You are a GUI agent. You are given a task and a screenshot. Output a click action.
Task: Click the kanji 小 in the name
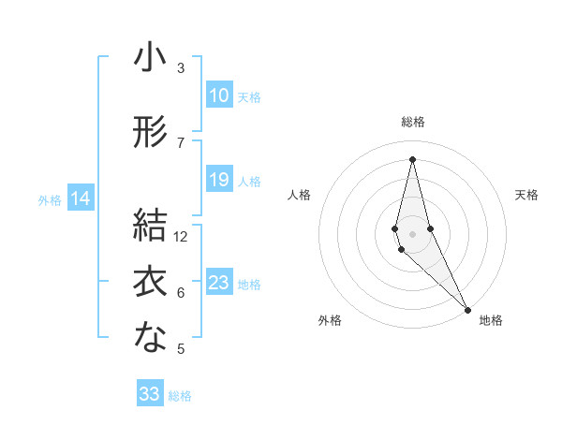click(x=150, y=59)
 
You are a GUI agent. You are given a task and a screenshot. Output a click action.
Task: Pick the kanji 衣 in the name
click(x=150, y=282)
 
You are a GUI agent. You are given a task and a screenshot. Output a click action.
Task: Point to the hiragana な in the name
click(x=150, y=339)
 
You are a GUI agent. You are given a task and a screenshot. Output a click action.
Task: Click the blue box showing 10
click(x=218, y=95)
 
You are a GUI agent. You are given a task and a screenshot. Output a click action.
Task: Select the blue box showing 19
click(x=218, y=180)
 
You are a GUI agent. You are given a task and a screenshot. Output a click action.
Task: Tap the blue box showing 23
click(x=218, y=283)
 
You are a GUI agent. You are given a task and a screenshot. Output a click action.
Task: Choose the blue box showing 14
click(x=81, y=198)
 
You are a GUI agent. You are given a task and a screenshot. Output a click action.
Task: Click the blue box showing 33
click(x=150, y=394)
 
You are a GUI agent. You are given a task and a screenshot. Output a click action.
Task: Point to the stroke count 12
click(x=181, y=237)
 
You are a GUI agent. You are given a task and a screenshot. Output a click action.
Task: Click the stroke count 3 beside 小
click(x=181, y=68)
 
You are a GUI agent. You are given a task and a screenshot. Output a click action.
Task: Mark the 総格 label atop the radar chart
click(x=412, y=122)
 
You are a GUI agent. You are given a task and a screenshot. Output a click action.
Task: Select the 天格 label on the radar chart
click(x=526, y=195)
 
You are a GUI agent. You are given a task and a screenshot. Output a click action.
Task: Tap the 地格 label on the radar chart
click(x=491, y=321)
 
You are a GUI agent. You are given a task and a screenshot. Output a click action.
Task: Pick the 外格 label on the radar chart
click(x=330, y=321)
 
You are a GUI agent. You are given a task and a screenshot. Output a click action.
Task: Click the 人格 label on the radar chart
click(x=299, y=195)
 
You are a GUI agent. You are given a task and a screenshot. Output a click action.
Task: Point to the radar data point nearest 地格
click(x=467, y=308)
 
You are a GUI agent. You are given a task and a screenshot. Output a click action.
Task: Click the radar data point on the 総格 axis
click(x=412, y=158)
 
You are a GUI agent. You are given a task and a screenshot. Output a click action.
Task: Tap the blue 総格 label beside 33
click(x=180, y=396)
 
